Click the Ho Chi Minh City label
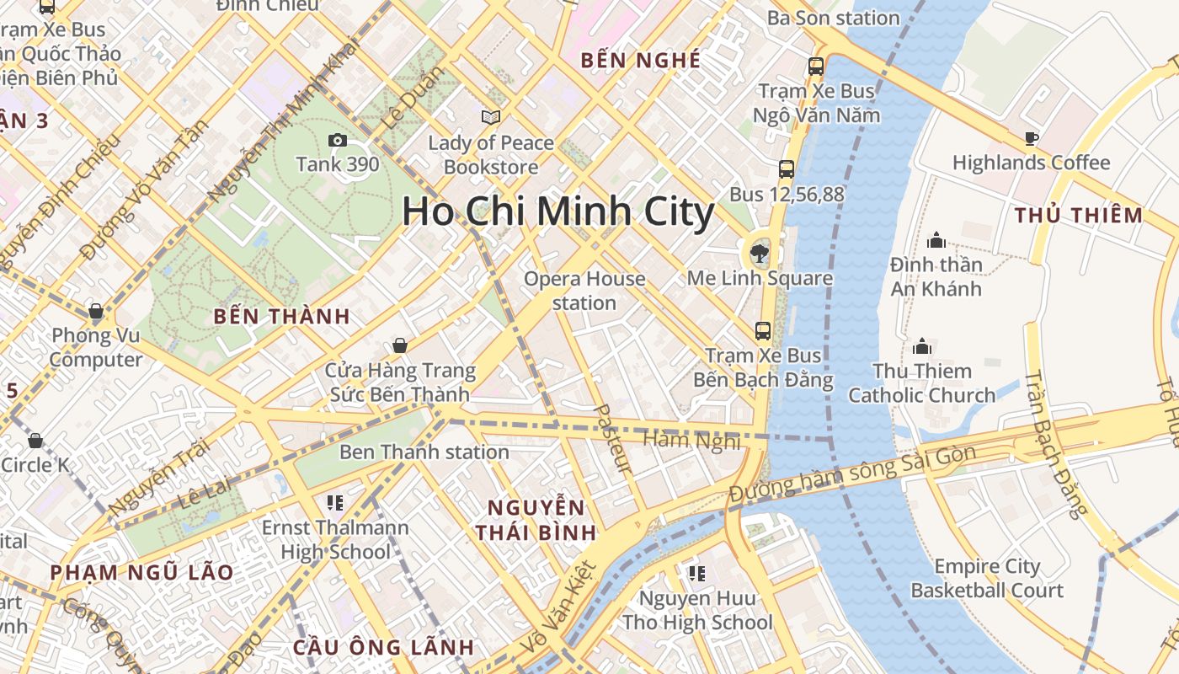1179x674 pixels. pos(557,211)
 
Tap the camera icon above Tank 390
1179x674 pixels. pos(337,140)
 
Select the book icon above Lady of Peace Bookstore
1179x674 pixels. pos(490,117)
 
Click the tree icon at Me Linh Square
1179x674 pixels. pos(760,252)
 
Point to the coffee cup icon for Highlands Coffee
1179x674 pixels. pos(1031,138)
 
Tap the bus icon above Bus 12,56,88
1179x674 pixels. pos(786,169)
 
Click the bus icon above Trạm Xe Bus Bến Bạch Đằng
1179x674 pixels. pos(762,330)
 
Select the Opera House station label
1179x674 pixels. pos(584,291)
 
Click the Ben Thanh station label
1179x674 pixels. pos(424,452)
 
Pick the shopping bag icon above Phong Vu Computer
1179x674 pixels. pos(96,311)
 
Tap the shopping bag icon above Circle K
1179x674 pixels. pos(35,440)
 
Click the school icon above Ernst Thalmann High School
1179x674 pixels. pos(334,503)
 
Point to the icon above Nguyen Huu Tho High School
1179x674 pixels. pos(696,574)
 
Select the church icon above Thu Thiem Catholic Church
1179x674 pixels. pos(921,346)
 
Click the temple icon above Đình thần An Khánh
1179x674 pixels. pos(936,240)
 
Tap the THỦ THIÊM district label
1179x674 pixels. pos(1078,216)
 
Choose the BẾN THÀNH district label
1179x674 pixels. pos(281,317)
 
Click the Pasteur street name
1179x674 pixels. pos(612,438)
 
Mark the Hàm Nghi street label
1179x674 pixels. pos(691,439)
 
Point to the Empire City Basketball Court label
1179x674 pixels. pos(986,578)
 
